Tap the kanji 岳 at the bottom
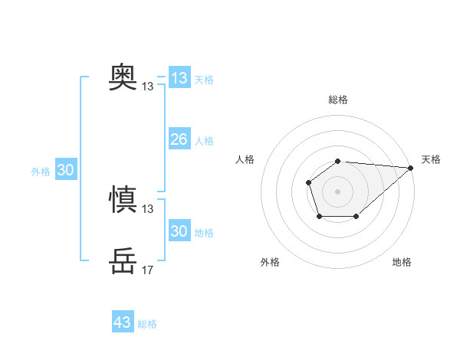[123, 261]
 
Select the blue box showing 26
[179, 139]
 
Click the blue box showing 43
[122, 322]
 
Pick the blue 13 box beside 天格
[179, 78]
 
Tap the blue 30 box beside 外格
[65, 170]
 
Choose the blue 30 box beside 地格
[179, 231]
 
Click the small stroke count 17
[148, 270]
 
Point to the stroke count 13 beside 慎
[148, 209]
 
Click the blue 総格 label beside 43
[147, 324]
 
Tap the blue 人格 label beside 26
[204, 141]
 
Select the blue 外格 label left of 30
[41, 172]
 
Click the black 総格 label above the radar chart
[338, 100]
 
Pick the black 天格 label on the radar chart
[431, 159]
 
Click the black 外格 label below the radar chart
[270, 263]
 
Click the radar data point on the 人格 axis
[308, 182]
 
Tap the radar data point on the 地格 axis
[356, 217]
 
